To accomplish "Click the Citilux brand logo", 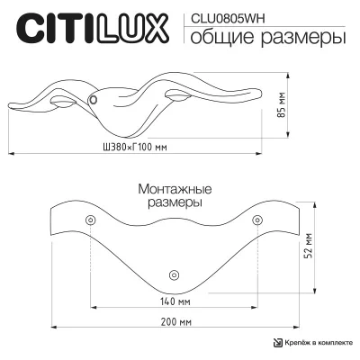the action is tap(93, 29).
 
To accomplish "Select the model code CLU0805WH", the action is tap(228, 19).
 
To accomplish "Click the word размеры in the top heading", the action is tap(303, 39).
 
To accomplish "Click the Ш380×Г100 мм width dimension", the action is tap(135, 148).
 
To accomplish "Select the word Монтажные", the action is tap(175, 189).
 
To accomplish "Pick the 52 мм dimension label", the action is tap(309, 245).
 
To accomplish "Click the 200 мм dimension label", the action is tap(176, 322).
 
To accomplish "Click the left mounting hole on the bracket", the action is tap(90, 220).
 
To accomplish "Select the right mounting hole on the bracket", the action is tap(257, 220).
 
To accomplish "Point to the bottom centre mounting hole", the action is tap(174, 274).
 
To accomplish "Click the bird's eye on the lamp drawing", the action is tap(93, 99).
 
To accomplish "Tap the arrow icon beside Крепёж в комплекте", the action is tap(277, 343).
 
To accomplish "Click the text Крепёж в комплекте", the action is tap(319, 343).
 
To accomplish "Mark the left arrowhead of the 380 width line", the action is tap(11, 154).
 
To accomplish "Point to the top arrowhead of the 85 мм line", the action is tap(288, 76).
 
